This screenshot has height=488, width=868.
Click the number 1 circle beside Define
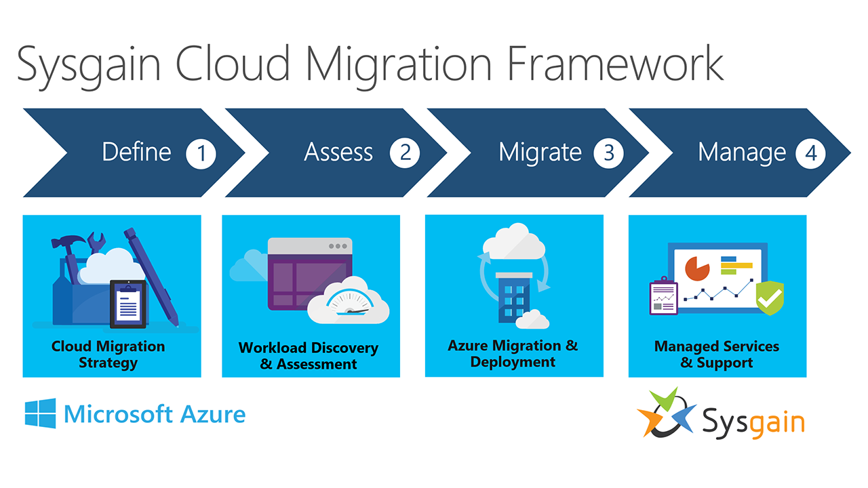pyautogui.click(x=201, y=153)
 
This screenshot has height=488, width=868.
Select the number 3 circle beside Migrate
pyautogui.click(x=609, y=153)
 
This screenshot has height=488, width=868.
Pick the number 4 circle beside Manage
pyautogui.click(x=810, y=153)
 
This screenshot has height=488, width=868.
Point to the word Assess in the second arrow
pyautogui.click(x=338, y=152)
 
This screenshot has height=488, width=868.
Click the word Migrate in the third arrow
pyautogui.click(x=540, y=153)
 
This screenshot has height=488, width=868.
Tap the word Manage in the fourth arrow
pyautogui.click(x=742, y=153)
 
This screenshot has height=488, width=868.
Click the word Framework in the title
pyautogui.click(x=615, y=64)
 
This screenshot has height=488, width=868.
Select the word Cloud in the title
pyautogui.click(x=233, y=64)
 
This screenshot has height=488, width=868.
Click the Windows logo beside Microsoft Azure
pyautogui.click(x=40, y=413)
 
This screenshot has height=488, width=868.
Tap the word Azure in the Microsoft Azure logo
pyautogui.click(x=213, y=414)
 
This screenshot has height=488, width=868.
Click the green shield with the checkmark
pyautogui.click(x=770, y=298)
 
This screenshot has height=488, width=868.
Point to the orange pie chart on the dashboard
pyautogui.click(x=697, y=268)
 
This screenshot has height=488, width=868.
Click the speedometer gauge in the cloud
pyautogui.click(x=350, y=303)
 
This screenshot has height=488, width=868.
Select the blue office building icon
pyautogui.click(x=514, y=297)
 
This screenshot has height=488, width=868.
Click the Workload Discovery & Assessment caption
pyautogui.click(x=309, y=356)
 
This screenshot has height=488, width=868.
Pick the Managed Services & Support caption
pyautogui.click(x=717, y=354)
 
